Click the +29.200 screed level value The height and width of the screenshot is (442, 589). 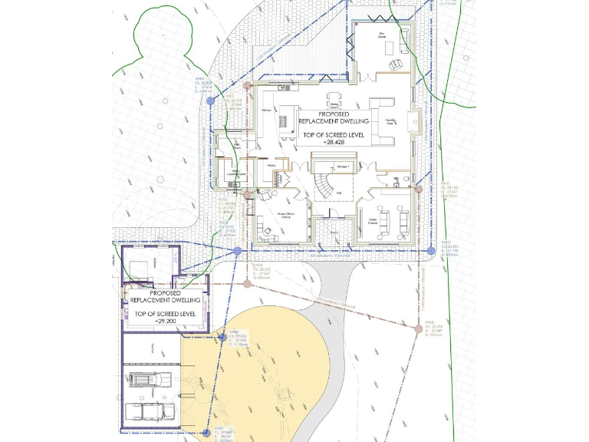pyautogui.click(x=166, y=320)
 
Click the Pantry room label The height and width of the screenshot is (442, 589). pyautogui.click(x=271, y=165)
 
